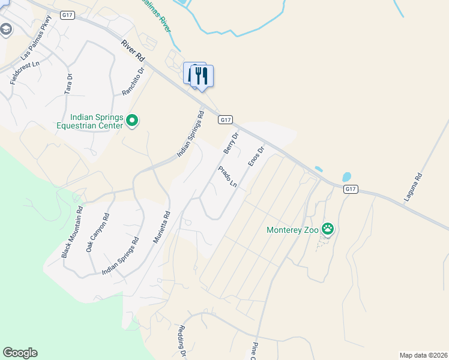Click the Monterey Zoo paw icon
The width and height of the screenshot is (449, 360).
(x=328, y=228)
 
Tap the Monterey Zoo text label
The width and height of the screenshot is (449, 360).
(x=294, y=229)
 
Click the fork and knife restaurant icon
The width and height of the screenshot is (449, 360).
(x=202, y=76)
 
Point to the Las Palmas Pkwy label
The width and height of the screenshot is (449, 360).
(x=37, y=45)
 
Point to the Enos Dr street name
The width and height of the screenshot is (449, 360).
(x=256, y=157)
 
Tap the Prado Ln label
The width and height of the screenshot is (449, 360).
(x=228, y=178)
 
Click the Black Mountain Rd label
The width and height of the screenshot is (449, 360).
(x=72, y=232)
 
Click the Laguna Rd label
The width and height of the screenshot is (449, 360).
(x=414, y=187)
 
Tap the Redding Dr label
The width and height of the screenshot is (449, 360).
(x=181, y=341)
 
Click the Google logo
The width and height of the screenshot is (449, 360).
(x=20, y=353)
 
